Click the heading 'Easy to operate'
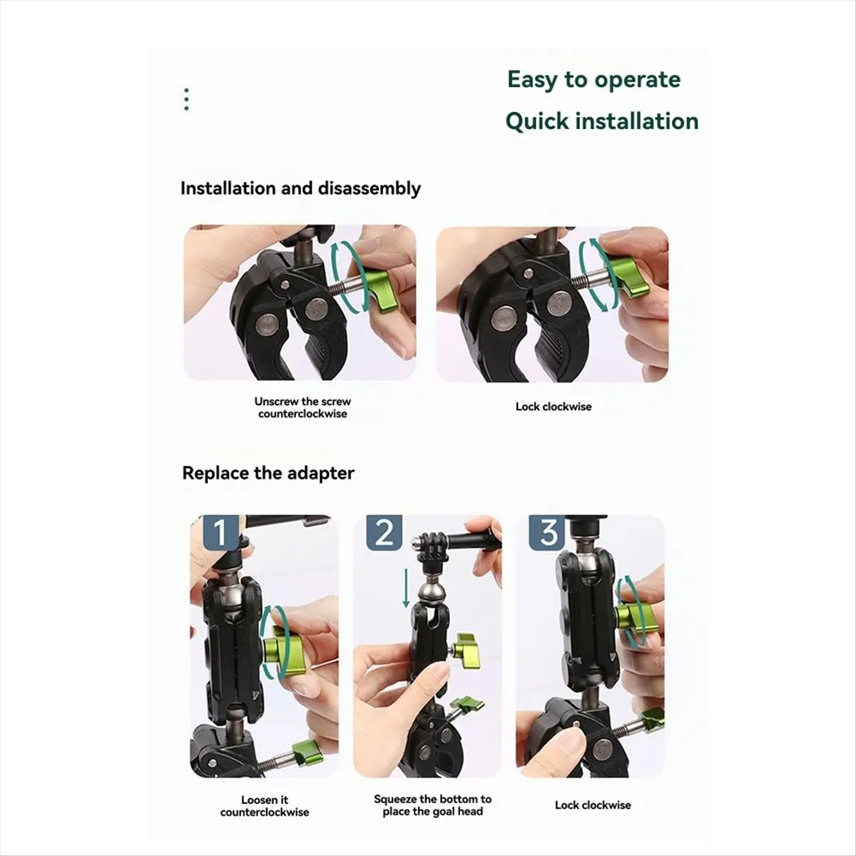tap(593, 80)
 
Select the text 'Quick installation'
tap(601, 121)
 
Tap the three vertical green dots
tap(186, 100)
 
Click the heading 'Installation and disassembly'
tap(300, 188)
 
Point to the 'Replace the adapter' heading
tap(268, 473)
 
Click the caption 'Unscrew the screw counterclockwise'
tap(302, 407)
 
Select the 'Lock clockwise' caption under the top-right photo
tap(554, 407)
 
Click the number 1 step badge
tap(220, 533)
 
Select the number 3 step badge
tap(547, 533)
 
